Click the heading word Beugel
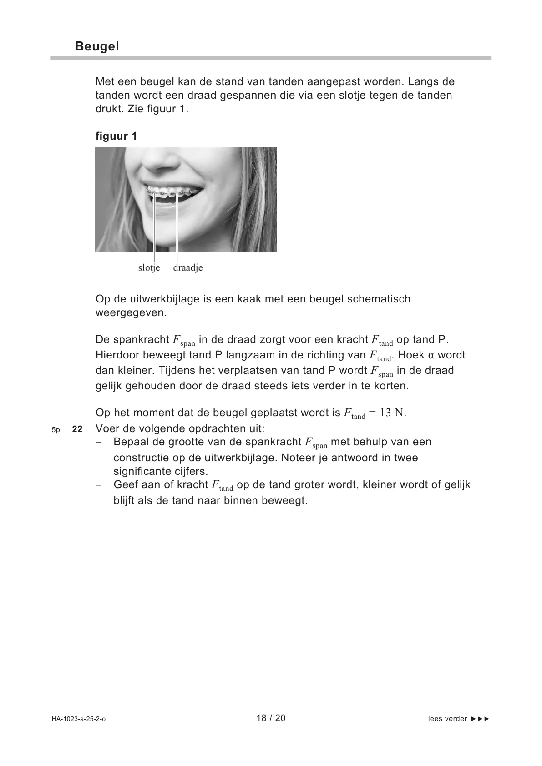coord(97,46)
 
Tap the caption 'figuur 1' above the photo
coord(116,136)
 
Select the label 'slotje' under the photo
coord(149,267)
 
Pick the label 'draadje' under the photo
coord(187,267)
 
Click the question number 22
coord(77,429)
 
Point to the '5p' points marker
coord(56,429)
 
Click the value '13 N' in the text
coord(392,413)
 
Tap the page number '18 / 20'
coord(271,718)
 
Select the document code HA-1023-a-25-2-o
coord(78,719)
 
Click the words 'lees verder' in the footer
coord(447,719)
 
